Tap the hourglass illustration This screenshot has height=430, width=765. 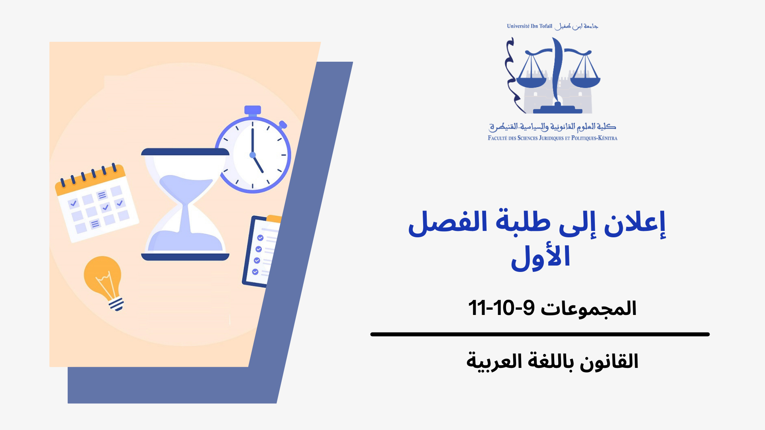pos(185,204)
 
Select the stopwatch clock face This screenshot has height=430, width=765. pos(253,154)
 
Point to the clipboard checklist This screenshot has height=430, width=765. pos(261,251)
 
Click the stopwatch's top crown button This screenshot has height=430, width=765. pos(253,110)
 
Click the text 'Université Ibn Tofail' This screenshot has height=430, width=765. pos(530,26)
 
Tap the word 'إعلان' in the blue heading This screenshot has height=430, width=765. pos(635,223)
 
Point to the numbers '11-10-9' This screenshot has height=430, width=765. pos(501,308)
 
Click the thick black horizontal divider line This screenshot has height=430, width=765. pos(540,334)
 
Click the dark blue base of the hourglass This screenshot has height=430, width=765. pos(185,257)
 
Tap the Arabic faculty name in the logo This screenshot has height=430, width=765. pos(553,127)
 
